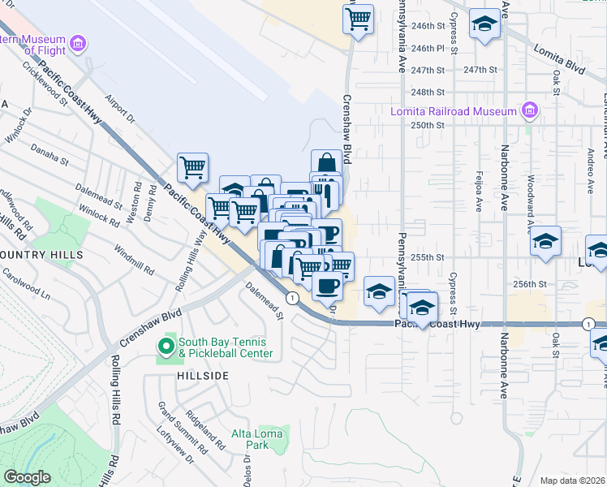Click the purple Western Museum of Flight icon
(79, 42)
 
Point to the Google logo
(27, 477)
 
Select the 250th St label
(428, 125)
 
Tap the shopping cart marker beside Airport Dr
(192, 168)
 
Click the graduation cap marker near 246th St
(484, 24)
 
